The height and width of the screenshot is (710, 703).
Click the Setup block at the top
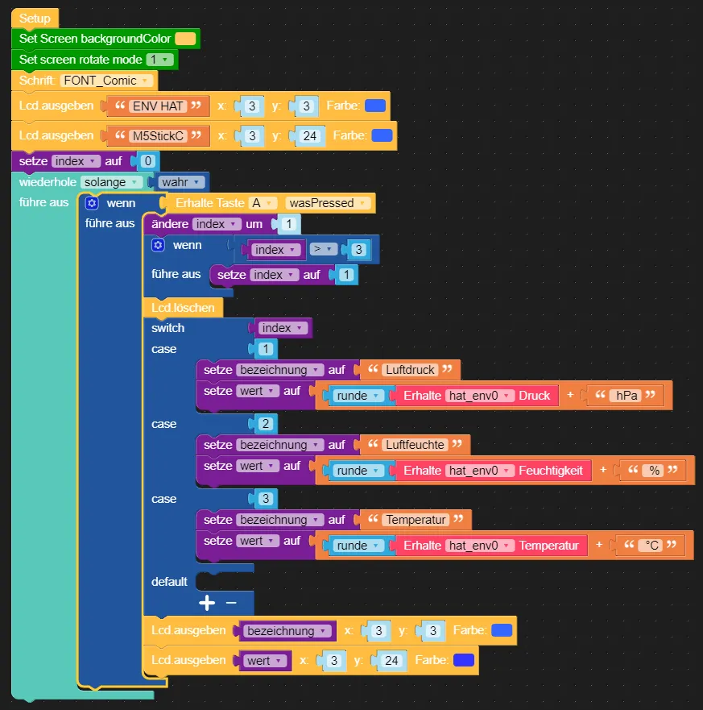click(x=35, y=18)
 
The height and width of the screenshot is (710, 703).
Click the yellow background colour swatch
click(x=185, y=39)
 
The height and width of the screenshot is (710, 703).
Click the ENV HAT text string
click(x=158, y=106)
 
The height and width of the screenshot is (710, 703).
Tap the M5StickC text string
click(x=159, y=135)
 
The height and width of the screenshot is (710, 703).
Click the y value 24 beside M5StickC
click(x=309, y=135)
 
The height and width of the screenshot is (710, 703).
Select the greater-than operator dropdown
click(x=324, y=250)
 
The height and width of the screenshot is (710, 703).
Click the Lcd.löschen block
click(x=183, y=307)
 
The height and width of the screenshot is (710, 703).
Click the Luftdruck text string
click(x=410, y=370)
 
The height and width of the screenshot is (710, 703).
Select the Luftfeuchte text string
click(x=414, y=445)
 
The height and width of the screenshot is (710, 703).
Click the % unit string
click(x=654, y=471)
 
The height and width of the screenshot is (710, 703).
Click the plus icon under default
click(x=207, y=603)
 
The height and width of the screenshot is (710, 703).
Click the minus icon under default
click(x=231, y=603)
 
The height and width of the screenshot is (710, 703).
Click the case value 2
click(x=266, y=424)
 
